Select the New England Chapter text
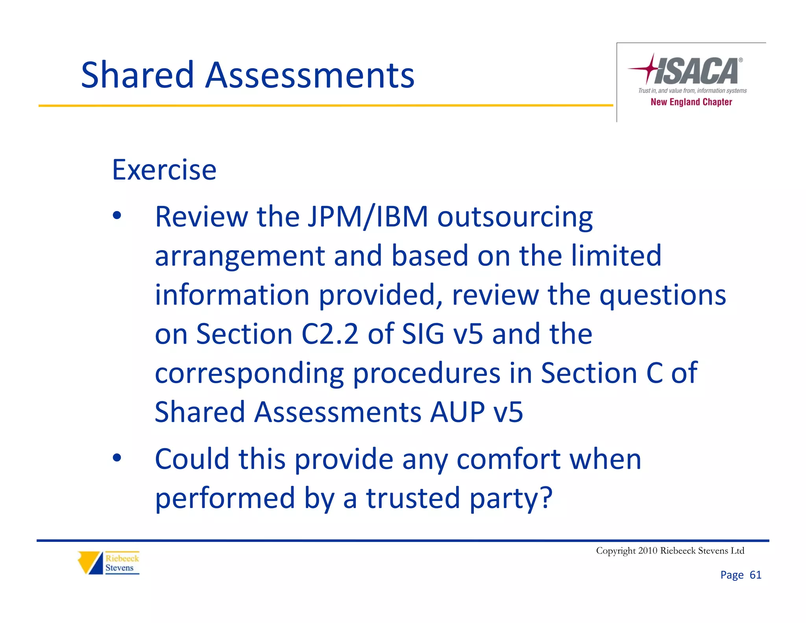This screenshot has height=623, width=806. [x=691, y=102]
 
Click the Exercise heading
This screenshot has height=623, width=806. [x=164, y=170]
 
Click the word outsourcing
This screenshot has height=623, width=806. [x=515, y=217]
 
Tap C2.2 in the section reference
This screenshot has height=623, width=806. [x=330, y=334]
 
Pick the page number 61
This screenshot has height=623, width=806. [x=755, y=575]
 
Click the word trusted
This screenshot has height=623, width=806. [x=413, y=498]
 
